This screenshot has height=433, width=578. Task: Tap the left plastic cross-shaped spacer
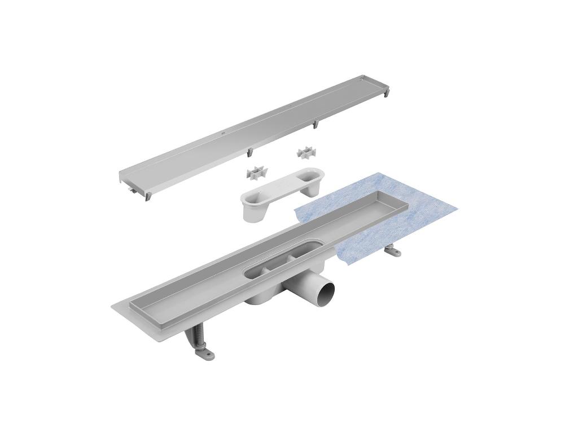[x=256, y=175]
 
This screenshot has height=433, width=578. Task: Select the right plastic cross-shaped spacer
[x=305, y=153]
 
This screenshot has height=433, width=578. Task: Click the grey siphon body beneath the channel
[x=265, y=298]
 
